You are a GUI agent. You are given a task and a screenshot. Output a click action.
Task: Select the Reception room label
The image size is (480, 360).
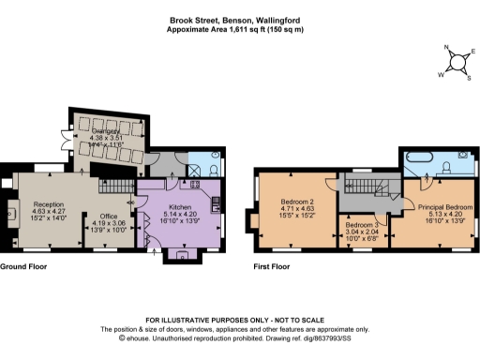click(x=47, y=203)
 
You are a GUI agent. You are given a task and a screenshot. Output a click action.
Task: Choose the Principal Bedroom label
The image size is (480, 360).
click(x=444, y=206)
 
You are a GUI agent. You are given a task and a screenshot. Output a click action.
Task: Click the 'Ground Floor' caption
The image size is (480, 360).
click(x=22, y=266)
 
